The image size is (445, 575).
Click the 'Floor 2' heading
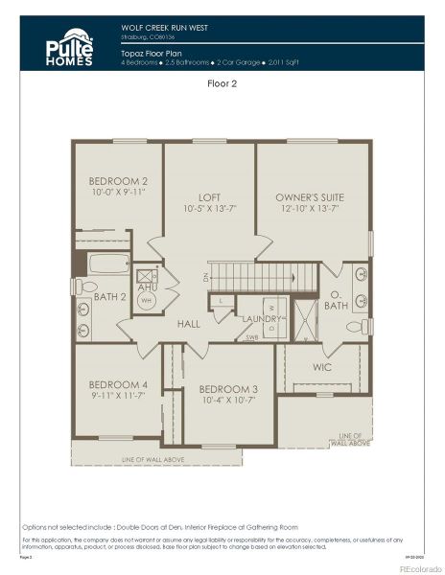click(x=222, y=83)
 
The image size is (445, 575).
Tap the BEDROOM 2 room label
click(x=118, y=181)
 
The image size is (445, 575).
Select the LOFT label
click(x=209, y=197)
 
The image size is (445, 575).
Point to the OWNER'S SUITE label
click(x=309, y=197)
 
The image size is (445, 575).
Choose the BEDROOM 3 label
click(x=228, y=388)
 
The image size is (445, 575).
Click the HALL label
click(x=188, y=324)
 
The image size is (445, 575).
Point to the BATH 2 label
click(x=110, y=297)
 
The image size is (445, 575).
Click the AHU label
click(x=148, y=287)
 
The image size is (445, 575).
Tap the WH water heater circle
click(x=147, y=301)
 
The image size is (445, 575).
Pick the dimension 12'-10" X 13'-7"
click(x=309, y=208)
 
